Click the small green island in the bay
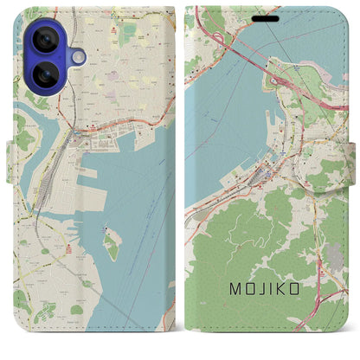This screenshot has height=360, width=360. [x=111, y=244]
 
